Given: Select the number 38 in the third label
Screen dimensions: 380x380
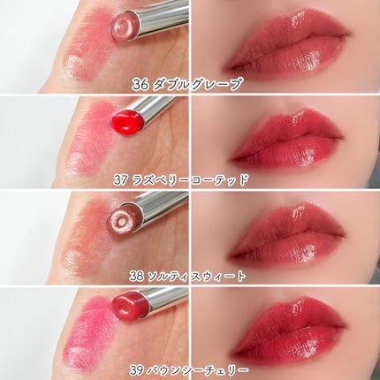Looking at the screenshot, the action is [136, 277].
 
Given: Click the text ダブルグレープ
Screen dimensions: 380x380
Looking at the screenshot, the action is [198, 85].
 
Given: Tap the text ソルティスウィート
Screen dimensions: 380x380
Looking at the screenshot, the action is [196, 277].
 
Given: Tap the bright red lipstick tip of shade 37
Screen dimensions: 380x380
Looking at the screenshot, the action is [128, 120].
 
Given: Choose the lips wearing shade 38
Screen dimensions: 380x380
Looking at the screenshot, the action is [285, 234].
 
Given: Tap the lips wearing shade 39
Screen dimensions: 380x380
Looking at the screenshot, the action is [287, 330].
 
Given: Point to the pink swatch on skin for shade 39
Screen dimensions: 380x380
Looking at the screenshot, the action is [87, 333].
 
